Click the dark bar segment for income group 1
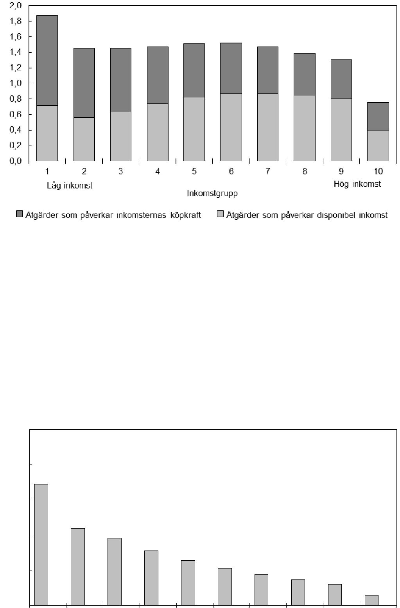pyautogui.click(x=47, y=60)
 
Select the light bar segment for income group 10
pyautogui.click(x=378, y=145)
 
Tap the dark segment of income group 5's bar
pyautogui.click(x=194, y=70)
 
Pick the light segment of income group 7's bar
pyautogui.click(x=267, y=127)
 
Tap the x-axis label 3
pyautogui.click(x=120, y=171)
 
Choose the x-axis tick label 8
pyautogui.click(x=305, y=171)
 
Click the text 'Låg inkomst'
pyautogui.click(x=70, y=185)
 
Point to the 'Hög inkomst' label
pyautogui.click(x=357, y=184)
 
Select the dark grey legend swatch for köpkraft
pyautogui.click(x=20, y=214)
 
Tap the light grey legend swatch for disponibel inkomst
pyautogui.click(x=220, y=214)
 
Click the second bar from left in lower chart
pyautogui.click(x=78, y=567)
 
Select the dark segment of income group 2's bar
pyautogui.click(x=84, y=83)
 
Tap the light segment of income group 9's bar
pyautogui.click(x=341, y=129)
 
